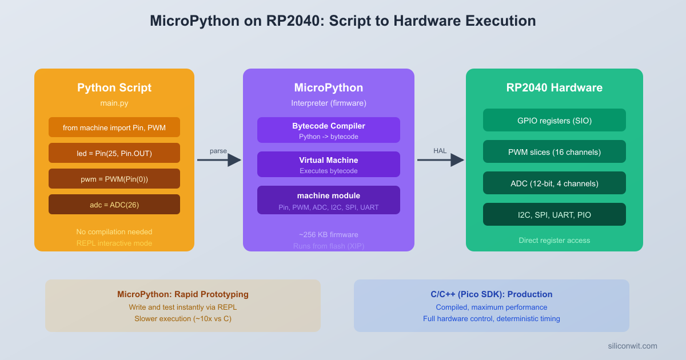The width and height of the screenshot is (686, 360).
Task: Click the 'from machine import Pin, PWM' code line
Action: (114, 127)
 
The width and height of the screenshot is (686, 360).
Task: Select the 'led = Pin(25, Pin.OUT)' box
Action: (114, 153)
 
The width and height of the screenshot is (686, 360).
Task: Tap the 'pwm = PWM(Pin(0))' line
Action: (114, 179)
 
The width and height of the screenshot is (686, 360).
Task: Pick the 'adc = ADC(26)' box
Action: (114, 205)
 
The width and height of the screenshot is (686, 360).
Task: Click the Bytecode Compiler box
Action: (329, 130)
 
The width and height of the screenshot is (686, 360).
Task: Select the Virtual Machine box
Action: (329, 165)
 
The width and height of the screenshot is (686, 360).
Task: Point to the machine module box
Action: (329, 200)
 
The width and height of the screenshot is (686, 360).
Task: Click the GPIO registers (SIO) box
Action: (555, 120)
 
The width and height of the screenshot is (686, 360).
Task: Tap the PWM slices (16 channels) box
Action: (555, 151)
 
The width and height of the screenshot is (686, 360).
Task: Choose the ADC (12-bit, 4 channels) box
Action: (555, 183)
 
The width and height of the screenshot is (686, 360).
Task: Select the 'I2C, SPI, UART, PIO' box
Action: (555, 214)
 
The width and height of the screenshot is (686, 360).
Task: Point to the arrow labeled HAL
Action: (440, 160)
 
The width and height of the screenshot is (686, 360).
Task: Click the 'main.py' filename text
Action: (114, 103)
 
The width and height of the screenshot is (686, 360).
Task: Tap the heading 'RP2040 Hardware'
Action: (555, 88)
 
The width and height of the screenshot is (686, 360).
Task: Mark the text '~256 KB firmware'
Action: (329, 234)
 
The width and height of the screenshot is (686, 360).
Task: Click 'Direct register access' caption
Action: (555, 240)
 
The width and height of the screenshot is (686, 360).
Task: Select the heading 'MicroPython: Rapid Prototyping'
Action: (183, 294)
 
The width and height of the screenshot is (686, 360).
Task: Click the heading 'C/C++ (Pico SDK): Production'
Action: (492, 294)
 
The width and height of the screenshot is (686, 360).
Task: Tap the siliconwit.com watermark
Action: (632, 346)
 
